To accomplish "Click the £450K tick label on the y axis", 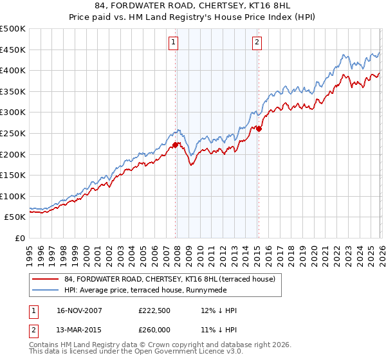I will [13, 50].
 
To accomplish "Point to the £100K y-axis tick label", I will [13, 196].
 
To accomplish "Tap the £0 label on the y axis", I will [19, 238].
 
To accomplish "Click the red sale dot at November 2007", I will [175, 145].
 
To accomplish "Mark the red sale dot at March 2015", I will [258, 129].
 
